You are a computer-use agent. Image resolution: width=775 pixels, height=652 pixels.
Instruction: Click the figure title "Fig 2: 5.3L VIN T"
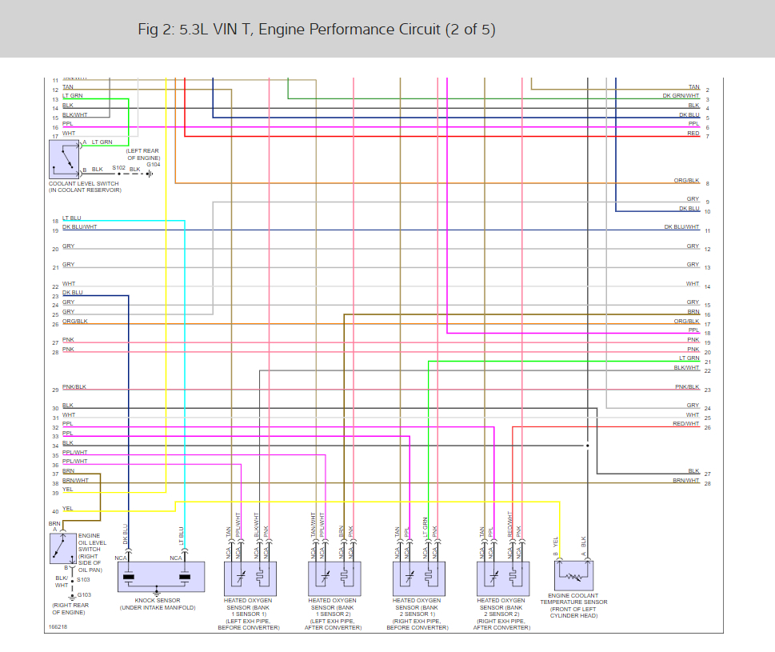[x=317, y=30]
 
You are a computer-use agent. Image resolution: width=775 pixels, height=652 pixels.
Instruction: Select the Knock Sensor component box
[x=161, y=576]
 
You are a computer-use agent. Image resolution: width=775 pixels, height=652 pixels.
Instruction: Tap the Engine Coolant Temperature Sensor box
[x=573, y=575]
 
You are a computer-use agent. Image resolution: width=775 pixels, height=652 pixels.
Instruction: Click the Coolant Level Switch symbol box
[x=65, y=159]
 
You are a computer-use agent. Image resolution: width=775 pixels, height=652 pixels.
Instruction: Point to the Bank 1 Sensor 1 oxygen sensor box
[x=249, y=576]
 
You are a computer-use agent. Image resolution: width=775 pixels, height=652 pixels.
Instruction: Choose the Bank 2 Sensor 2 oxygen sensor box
[x=501, y=576]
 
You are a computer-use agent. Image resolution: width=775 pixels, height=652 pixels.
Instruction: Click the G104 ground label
[x=153, y=164]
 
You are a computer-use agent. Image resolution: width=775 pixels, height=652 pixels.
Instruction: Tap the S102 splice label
[x=118, y=167]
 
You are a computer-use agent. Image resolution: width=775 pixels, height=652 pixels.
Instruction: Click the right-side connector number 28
[x=707, y=483]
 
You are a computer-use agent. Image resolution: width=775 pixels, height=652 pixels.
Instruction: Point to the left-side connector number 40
[x=55, y=511]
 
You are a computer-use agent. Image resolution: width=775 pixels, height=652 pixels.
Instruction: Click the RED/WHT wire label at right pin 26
[x=686, y=424]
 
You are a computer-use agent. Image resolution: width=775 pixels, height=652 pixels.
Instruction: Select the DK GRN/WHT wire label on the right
[x=681, y=96]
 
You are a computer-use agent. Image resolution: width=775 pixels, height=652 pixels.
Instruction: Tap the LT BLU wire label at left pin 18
[x=72, y=218]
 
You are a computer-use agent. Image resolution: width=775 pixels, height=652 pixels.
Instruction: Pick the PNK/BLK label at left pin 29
[x=74, y=387]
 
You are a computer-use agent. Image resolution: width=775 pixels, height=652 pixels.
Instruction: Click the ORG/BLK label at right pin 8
[x=686, y=181]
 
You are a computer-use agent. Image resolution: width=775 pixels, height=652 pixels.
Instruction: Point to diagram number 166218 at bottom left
[x=58, y=627]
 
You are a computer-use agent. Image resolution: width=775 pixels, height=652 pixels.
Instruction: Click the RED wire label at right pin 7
[x=693, y=134]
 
